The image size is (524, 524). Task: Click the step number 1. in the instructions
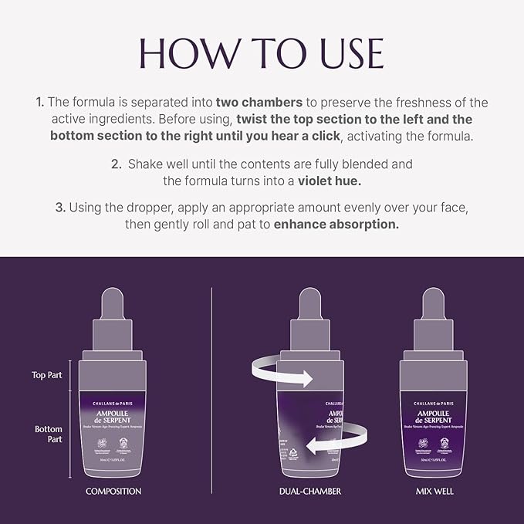tap(39, 103)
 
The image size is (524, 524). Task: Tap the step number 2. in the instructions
tap(117, 164)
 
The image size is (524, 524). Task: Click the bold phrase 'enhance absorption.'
tap(336, 225)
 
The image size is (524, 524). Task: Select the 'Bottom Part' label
tap(49, 434)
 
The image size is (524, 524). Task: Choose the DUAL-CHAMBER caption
tap(309, 491)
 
